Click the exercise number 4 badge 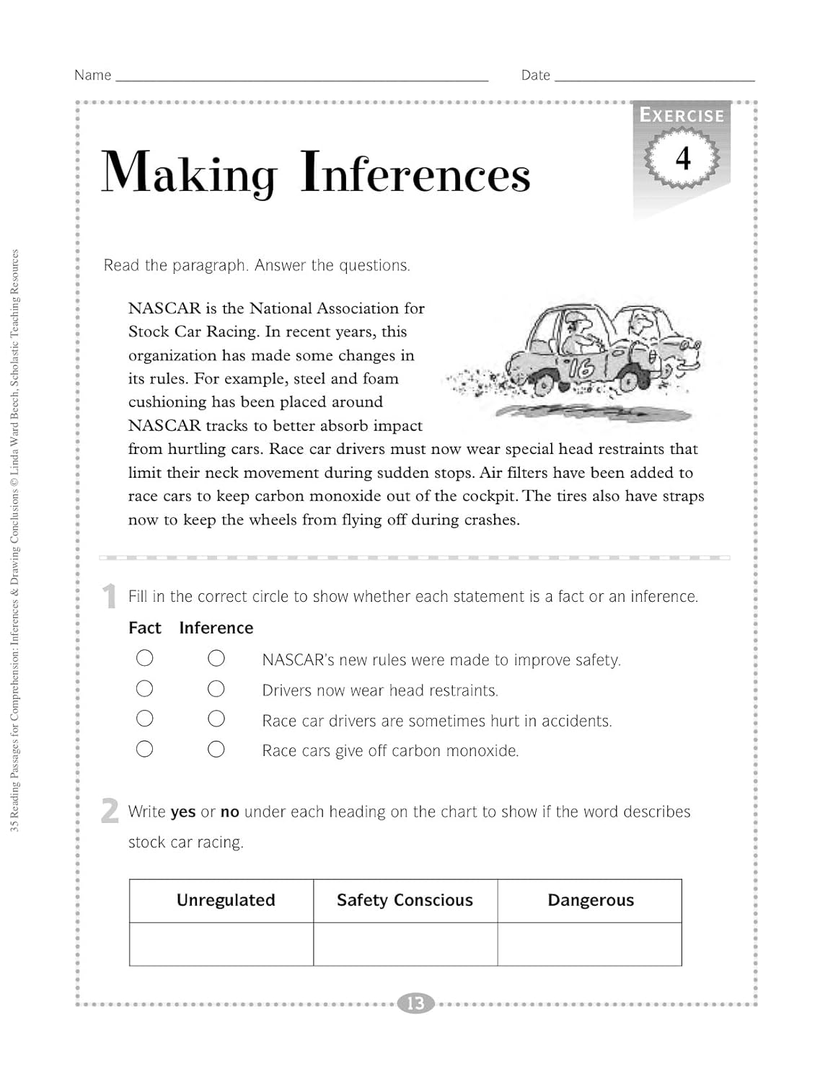click(682, 157)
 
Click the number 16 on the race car click(580, 368)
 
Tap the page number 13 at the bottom click(415, 1003)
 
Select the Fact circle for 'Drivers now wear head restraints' click(145, 689)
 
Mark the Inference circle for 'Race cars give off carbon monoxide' click(216, 749)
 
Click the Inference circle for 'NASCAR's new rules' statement click(216, 658)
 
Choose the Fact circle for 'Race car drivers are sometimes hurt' click(145, 719)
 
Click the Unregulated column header click(226, 900)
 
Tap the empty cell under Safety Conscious click(405, 944)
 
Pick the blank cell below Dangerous click(590, 944)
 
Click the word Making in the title click(189, 173)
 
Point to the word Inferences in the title click(415, 173)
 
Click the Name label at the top click(92, 75)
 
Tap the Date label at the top click(535, 75)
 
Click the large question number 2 click(110, 811)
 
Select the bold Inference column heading click(216, 628)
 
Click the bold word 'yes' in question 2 click(183, 812)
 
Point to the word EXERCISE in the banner click(682, 115)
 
